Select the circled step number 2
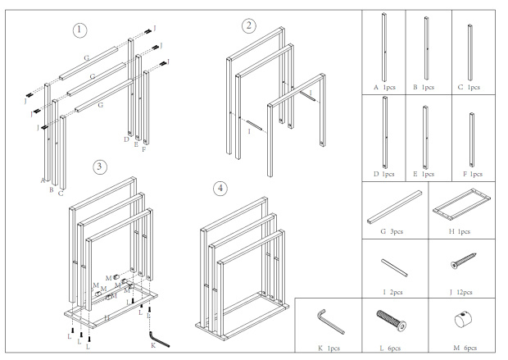[249, 25]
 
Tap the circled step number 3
[99, 166]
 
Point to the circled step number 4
[220, 189]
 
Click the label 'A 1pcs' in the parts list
[383, 84]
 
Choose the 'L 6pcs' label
[391, 348]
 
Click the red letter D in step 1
[126, 139]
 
